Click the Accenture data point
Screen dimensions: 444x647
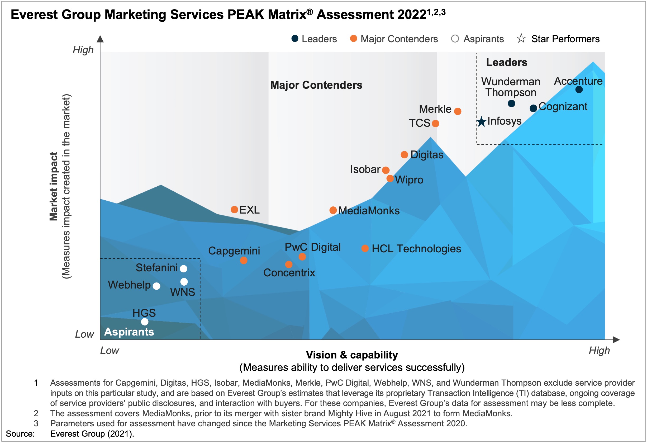(579, 90)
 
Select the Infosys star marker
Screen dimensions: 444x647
(481, 122)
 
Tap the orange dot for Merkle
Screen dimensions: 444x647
(457, 111)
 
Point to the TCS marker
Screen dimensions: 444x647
(435, 123)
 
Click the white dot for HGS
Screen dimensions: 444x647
(145, 322)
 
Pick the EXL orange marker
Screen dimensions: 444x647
(234, 210)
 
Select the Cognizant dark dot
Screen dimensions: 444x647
(533, 108)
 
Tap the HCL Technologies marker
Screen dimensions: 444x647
(365, 248)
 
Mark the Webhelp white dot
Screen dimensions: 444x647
(156, 286)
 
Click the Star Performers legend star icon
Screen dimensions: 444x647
(521, 39)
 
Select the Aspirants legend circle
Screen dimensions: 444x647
(455, 39)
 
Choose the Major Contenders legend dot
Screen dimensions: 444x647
(353, 39)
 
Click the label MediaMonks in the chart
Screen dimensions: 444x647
(369, 211)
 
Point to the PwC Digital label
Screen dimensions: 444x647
(312, 247)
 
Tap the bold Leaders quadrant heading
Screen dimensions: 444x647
(506, 62)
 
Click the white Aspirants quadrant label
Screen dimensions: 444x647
(129, 332)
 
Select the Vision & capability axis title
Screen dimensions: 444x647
(352, 355)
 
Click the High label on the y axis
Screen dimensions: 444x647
(83, 50)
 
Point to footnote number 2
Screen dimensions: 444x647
(36, 413)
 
